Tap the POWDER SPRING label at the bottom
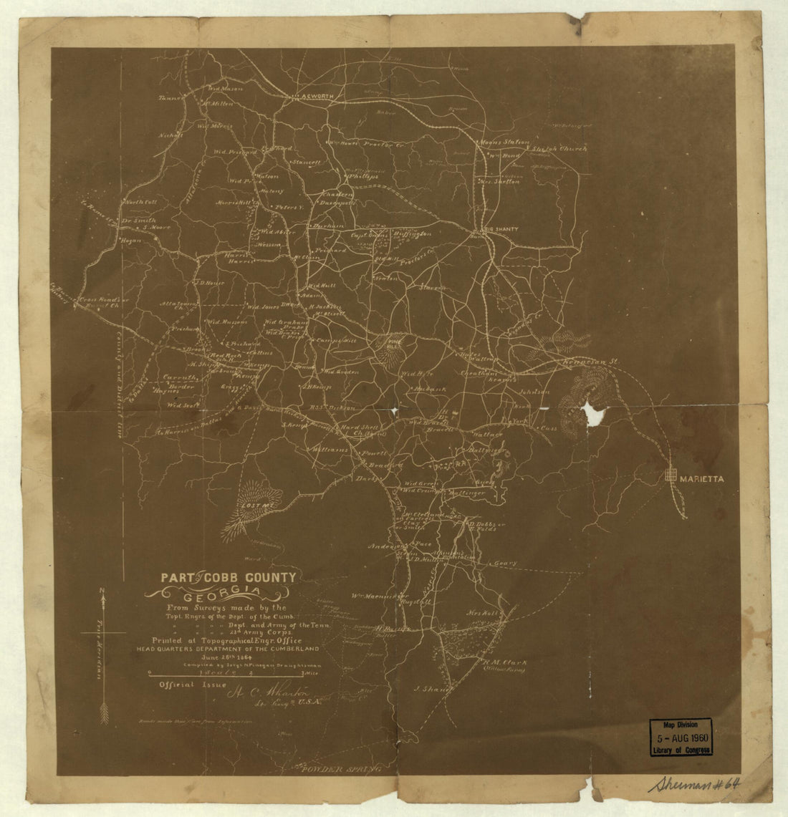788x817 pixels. (x=340, y=770)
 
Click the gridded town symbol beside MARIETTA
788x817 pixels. (x=671, y=474)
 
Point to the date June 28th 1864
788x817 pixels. (x=213, y=656)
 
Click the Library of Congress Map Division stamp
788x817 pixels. (x=681, y=737)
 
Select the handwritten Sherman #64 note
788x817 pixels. (x=694, y=784)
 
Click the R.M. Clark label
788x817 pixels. (x=504, y=663)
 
